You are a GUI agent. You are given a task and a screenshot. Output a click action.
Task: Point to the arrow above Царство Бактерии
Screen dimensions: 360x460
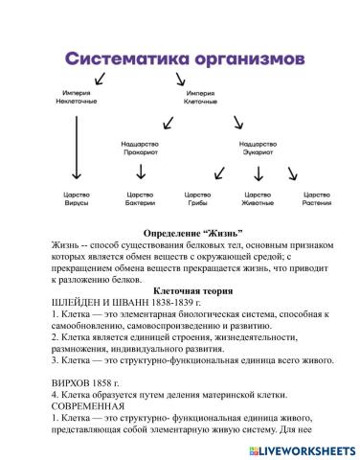142,172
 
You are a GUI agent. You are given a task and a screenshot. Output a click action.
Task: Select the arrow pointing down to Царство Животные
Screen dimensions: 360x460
257,173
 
